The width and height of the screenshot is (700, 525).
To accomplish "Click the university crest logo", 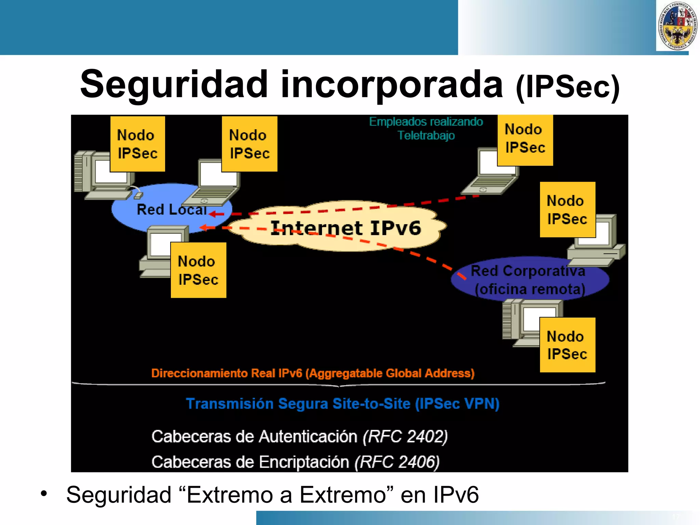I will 677,26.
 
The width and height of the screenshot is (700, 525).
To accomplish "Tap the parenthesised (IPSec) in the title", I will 567,87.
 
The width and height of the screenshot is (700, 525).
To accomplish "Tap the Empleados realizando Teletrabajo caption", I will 426,129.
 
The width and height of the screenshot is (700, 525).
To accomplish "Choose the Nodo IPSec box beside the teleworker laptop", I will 525,140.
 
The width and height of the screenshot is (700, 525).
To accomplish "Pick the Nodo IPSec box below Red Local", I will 198,270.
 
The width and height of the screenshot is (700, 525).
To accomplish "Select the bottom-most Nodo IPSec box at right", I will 567,345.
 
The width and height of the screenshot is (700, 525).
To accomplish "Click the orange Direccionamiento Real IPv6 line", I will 313,373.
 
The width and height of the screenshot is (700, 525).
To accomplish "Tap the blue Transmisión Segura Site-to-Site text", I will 342,404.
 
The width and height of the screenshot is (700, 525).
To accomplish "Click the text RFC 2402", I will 405,436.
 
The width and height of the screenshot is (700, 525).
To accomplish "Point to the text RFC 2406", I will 397,462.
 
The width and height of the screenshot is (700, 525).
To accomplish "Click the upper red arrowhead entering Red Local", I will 213,214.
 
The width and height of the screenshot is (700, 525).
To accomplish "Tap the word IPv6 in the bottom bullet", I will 456,495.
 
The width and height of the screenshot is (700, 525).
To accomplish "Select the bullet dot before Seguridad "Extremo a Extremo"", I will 43,494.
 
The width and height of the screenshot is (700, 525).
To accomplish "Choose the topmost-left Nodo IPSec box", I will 137,144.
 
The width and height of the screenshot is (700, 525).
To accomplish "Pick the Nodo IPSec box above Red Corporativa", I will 567,210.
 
